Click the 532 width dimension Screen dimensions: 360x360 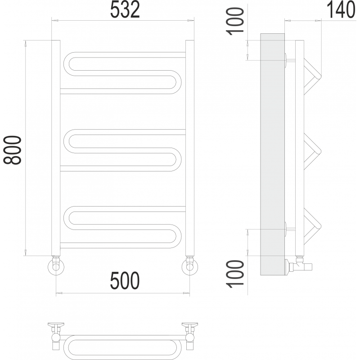coord(125,10)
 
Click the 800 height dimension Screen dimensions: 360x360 coord(12,150)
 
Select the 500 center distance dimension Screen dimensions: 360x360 coord(125,280)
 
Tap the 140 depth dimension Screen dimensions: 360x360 coord(341,10)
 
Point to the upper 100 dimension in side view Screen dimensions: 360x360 coord(234,21)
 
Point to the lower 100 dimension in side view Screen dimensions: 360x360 coord(235,274)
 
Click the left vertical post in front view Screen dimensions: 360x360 coord(56,148)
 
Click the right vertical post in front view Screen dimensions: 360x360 coord(190,148)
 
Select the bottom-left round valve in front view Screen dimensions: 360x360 coord(56,267)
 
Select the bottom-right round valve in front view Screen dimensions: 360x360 coord(190,267)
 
